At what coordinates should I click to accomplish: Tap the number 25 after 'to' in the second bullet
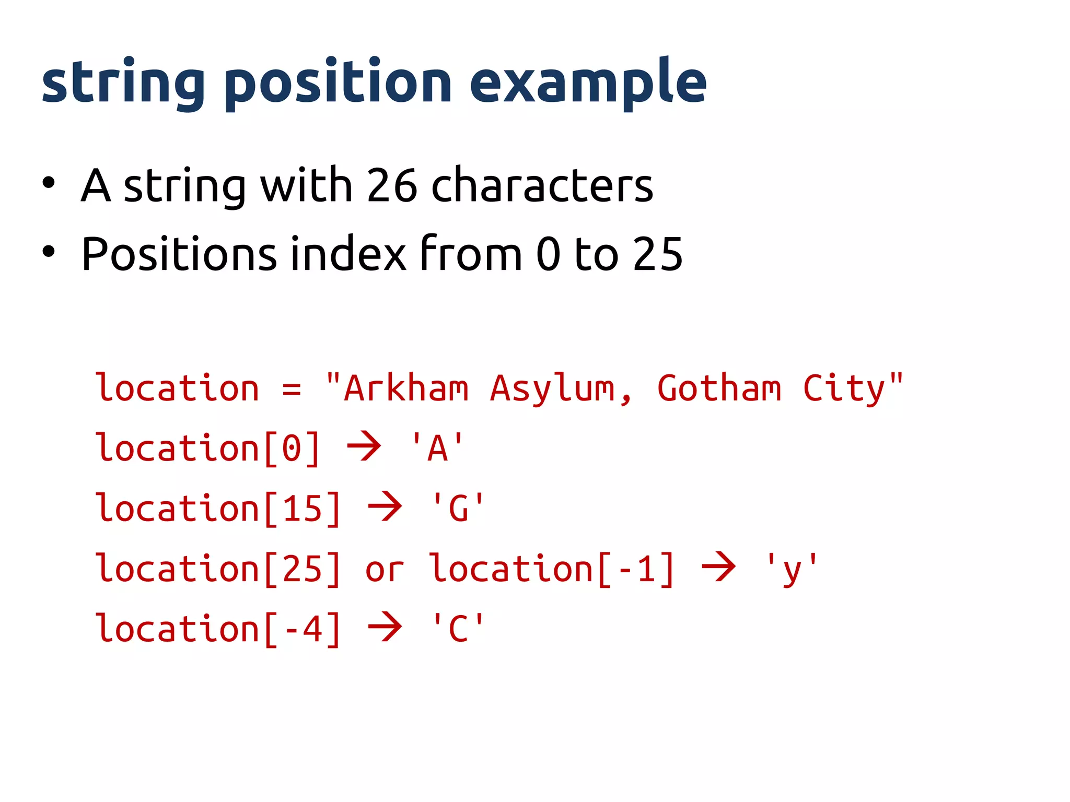tap(657, 254)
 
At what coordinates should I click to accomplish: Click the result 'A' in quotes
tap(437, 449)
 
